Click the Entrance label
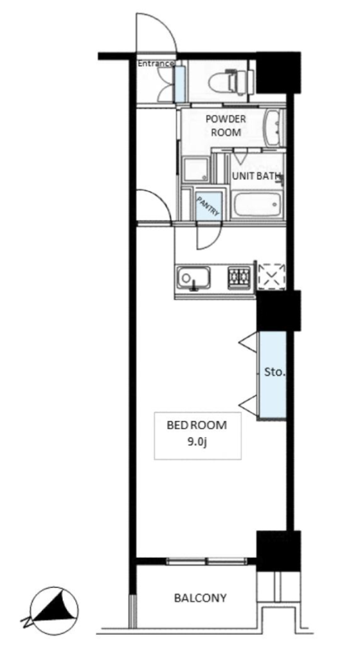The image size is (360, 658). [x=156, y=64]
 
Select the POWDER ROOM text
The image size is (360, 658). [x=226, y=125]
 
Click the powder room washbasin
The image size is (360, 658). [x=274, y=129]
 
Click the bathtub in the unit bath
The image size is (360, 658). [x=256, y=204]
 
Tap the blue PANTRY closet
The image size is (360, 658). [x=208, y=206]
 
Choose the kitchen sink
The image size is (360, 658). [x=193, y=278]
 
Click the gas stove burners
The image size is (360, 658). [x=239, y=277]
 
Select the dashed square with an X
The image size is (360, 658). [x=271, y=276]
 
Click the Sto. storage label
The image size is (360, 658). [x=275, y=372]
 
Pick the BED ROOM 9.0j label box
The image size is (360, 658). [x=197, y=436]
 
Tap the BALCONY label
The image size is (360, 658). [x=201, y=598]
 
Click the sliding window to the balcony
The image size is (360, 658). [x=207, y=560]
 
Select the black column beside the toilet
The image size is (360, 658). [x=278, y=72]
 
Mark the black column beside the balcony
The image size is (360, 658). [x=278, y=551]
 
